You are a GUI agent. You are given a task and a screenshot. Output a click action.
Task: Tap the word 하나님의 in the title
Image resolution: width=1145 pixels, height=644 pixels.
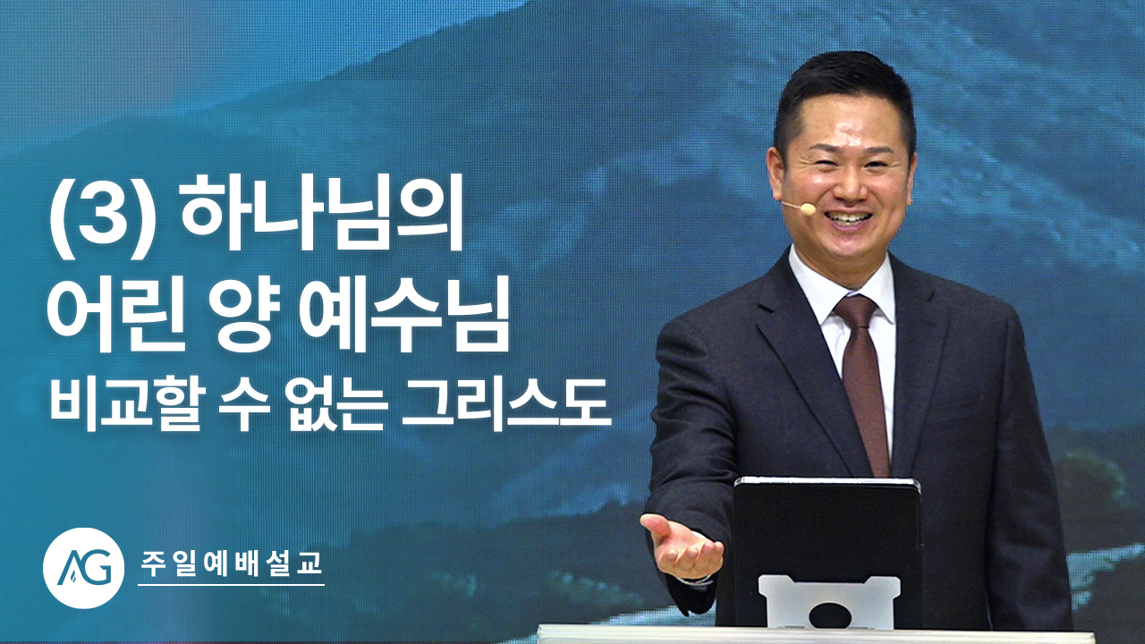tap(321, 216)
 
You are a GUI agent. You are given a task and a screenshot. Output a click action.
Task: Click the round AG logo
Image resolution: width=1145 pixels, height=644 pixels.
tap(83, 568)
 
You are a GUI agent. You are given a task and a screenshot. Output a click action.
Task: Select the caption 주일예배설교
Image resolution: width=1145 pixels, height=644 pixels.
tap(231, 564)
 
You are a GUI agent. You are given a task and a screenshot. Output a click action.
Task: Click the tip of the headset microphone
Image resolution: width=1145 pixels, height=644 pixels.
tap(807, 208)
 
